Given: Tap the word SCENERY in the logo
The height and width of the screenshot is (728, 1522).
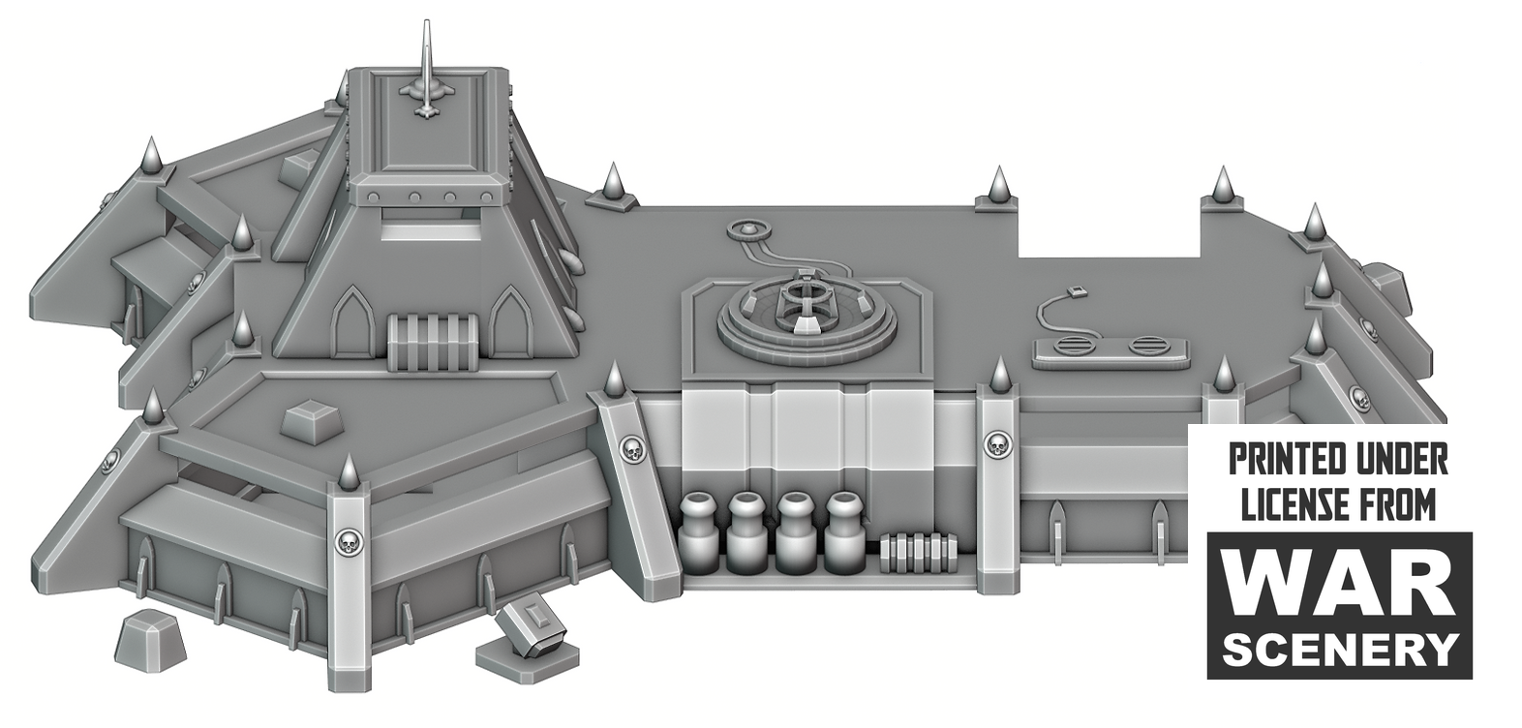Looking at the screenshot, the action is (1340, 650).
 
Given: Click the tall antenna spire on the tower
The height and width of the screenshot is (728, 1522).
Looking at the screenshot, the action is (427, 69).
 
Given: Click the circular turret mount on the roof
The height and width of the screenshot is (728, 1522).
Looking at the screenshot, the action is (807, 317).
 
